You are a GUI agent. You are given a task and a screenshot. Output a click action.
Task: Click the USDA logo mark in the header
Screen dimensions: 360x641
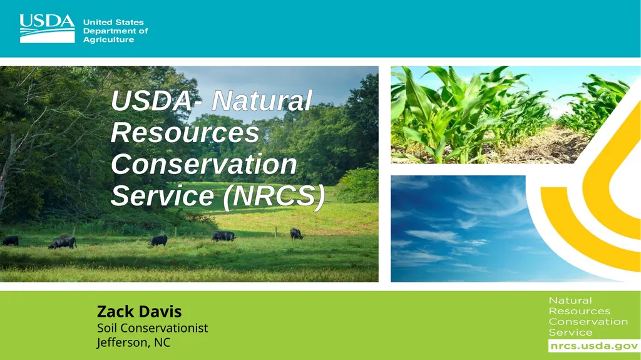coord(47,28)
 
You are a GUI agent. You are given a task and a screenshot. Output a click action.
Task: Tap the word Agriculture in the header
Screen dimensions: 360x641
coord(108,40)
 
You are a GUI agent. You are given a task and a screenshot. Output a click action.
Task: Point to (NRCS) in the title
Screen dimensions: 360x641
coord(274,196)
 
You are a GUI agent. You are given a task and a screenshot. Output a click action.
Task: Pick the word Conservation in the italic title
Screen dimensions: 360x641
coord(203,165)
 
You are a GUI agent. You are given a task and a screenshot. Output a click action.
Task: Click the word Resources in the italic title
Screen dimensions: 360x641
coord(185,133)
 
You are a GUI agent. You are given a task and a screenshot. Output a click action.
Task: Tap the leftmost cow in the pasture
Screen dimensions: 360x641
coord(10,240)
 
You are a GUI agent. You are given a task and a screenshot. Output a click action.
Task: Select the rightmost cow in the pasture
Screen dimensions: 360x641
coord(296,234)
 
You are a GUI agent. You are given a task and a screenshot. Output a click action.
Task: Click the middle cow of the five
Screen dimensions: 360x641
coord(158,240)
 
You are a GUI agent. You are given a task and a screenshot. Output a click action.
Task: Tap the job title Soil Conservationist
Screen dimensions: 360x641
coord(152,328)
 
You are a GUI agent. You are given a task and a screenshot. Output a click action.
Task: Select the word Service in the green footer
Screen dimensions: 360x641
coord(570,332)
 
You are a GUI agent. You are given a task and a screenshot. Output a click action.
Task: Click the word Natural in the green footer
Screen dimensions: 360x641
coord(570,301)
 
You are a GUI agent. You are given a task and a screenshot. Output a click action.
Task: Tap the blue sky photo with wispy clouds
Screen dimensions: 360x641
coord(457,229)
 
